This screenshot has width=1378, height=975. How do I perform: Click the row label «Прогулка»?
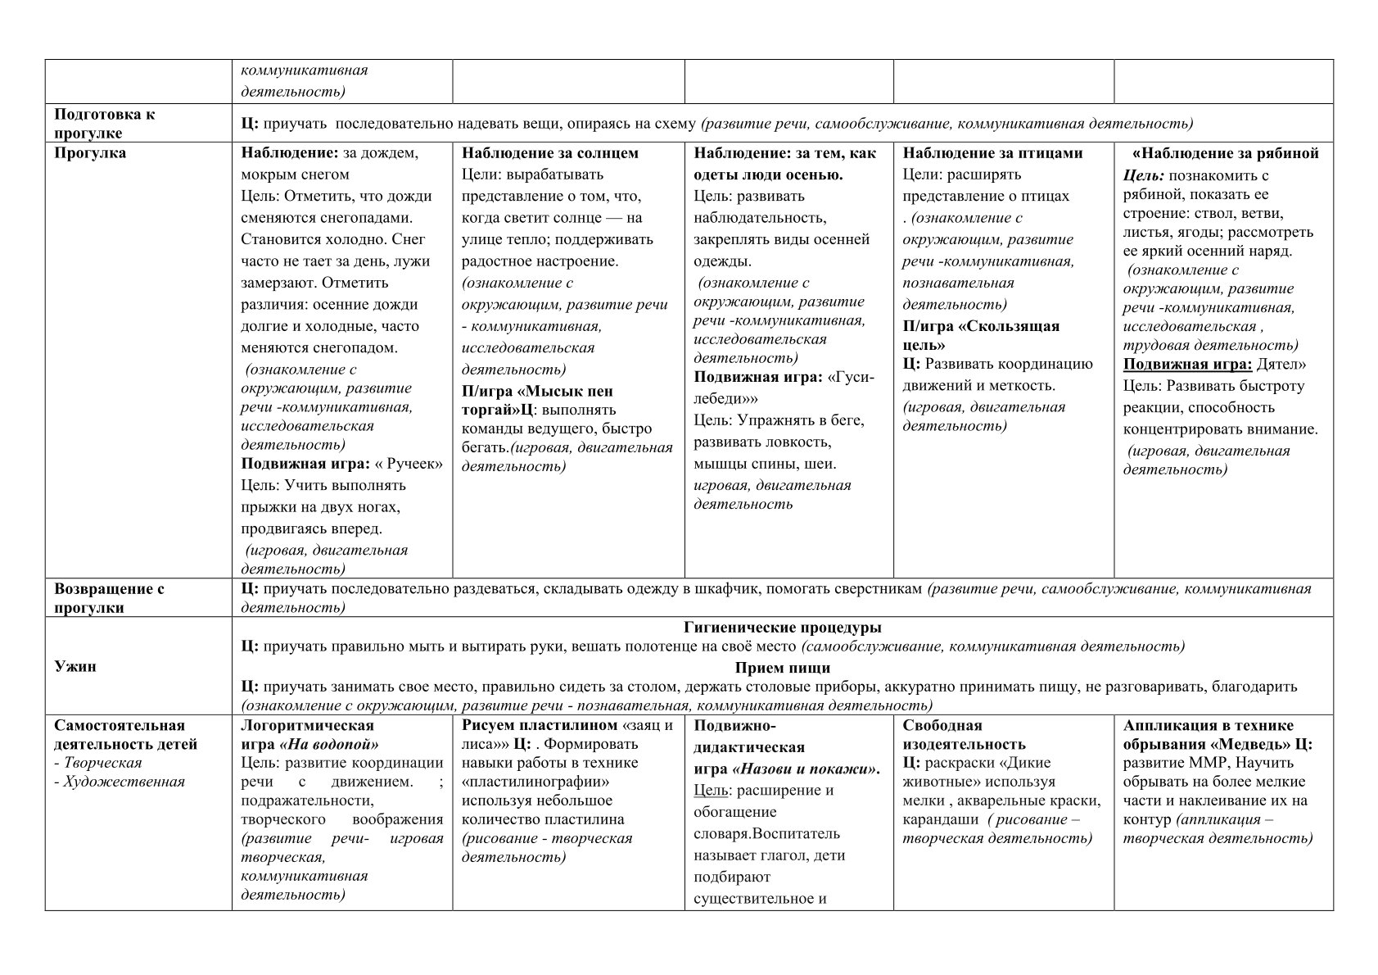pos(90,153)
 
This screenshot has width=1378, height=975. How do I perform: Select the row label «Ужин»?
pos(75,666)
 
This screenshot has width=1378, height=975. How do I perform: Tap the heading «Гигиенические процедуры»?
pos(782,628)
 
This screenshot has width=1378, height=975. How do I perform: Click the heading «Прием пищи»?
pos(782,667)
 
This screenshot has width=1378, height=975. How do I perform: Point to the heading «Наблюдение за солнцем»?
pos(549,153)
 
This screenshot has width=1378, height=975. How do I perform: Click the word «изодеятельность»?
pos(964,745)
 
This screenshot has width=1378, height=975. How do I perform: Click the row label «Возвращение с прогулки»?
pos(109,598)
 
